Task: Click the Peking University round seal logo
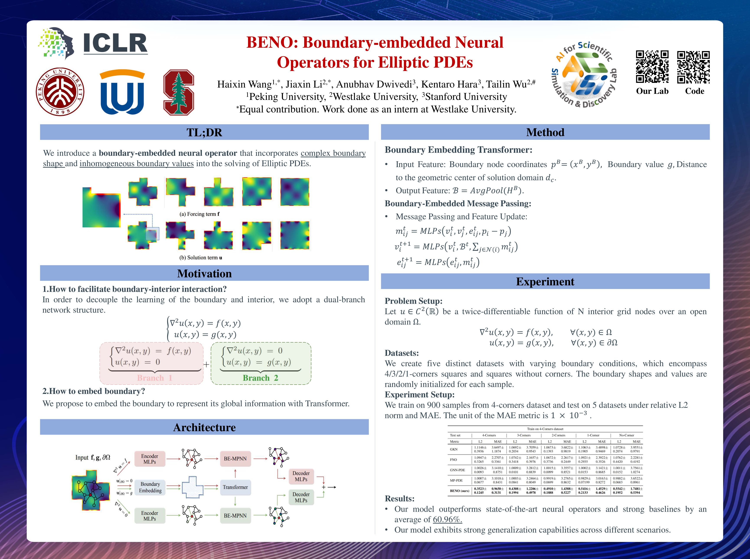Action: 60,92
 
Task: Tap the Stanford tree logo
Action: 178,92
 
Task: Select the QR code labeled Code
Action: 693,67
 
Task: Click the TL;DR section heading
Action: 204,132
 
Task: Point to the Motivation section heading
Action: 204,273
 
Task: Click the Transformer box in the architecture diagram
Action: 235,487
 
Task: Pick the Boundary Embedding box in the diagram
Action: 150,487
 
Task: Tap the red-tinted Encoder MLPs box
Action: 150,459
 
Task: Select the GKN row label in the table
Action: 454,449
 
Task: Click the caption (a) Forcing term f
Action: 199,214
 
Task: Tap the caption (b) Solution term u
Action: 200,257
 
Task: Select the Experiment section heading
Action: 545,281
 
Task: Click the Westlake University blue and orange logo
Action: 122,92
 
